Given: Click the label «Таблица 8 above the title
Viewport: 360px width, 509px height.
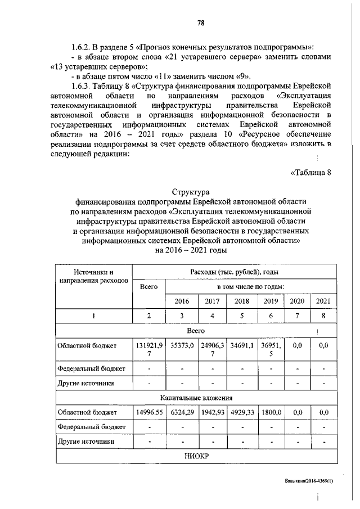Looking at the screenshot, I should pyautogui.click(x=311, y=172).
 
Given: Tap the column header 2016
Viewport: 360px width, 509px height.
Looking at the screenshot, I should pyautogui.click(x=182, y=301).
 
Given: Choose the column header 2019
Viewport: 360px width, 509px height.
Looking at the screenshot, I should pyautogui.click(x=271, y=301).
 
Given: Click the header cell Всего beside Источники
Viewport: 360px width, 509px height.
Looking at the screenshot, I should pyautogui.click(x=148, y=286).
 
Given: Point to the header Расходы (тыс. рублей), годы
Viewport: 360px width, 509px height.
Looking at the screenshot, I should pyautogui.click(x=234, y=272).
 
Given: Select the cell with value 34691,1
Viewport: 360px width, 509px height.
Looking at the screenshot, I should pyautogui.click(x=241, y=346).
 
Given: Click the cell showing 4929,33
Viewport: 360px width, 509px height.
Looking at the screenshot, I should pyautogui.click(x=241, y=412).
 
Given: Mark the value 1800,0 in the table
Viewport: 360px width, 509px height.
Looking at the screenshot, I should pyautogui.click(x=271, y=412).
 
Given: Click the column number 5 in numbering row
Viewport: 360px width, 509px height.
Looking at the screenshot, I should pyautogui.click(x=241, y=316).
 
